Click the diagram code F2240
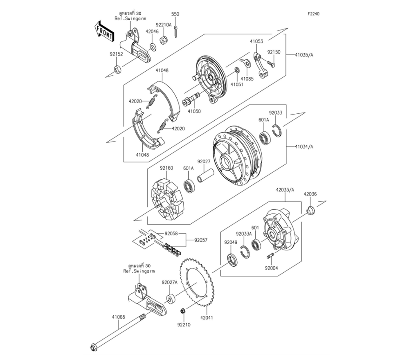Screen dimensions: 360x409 pyautogui.click(x=314, y=14)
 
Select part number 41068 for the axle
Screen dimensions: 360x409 pyautogui.click(x=119, y=316)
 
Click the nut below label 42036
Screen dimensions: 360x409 pyautogui.click(x=310, y=211)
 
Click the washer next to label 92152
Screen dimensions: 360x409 pyautogui.click(x=117, y=70)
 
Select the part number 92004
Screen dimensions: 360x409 pyautogui.click(x=271, y=269)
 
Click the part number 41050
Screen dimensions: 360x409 pyautogui.click(x=194, y=111)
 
